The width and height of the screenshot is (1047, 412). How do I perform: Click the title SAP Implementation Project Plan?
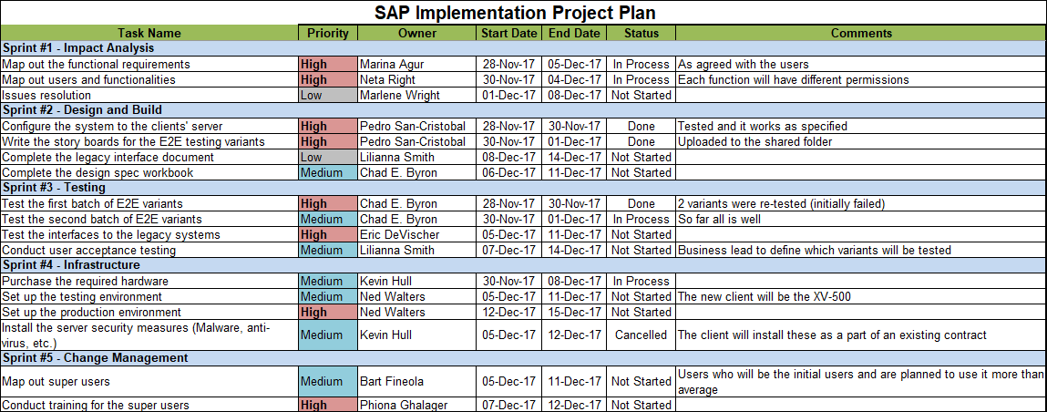coord(515,13)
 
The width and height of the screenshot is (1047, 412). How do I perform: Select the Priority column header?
coord(328,33)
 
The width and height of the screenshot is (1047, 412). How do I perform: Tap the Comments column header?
coord(860,33)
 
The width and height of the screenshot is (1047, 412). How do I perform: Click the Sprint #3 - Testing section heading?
coord(55,187)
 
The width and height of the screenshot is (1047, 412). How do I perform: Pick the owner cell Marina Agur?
coord(392,65)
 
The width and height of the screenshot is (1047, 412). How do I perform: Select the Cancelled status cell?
coord(641,335)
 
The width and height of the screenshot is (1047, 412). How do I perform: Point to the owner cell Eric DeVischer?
coord(399,234)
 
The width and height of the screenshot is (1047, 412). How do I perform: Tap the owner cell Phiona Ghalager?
coord(402,405)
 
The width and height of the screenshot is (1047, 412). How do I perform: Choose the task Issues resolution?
coord(46,95)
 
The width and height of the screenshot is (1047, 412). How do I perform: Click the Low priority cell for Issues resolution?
coord(328,95)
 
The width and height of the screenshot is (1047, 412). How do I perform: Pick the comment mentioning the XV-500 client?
coord(765,296)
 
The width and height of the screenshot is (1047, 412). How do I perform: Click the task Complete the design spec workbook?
coord(98,172)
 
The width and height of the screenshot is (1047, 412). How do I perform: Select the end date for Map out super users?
coord(574,381)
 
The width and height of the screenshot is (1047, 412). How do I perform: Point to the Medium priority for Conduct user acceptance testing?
coord(328,250)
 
